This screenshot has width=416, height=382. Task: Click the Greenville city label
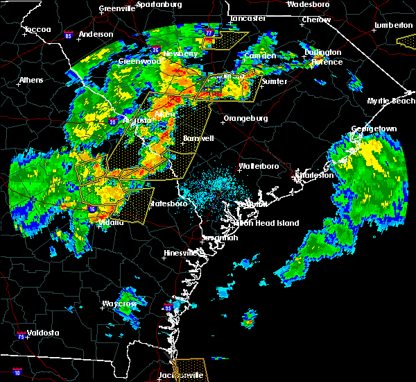tap(116, 8)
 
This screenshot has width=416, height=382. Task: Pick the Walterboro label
tap(258, 167)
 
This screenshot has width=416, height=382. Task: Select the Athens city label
tap(31, 80)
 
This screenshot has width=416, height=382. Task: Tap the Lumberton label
tap(393, 25)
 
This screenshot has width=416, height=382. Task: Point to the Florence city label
tap(326, 62)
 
